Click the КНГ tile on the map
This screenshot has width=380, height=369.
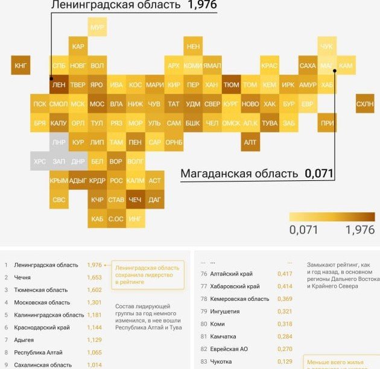(20, 65)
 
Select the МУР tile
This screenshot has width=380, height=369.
(97, 28)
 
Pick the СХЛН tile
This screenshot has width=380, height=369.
(365, 104)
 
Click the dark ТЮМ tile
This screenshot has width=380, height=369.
(231, 85)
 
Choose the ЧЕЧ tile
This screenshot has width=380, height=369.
(135, 199)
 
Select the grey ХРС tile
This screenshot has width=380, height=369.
(40, 161)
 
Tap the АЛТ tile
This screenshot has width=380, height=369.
(250, 142)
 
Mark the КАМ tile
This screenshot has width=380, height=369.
(346, 65)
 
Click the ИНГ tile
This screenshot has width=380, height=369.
(135, 218)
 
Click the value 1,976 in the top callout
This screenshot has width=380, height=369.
(202, 5)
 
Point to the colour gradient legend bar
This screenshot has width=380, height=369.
(332, 216)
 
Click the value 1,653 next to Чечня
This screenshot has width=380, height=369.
(94, 277)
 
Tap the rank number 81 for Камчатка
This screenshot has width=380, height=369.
(204, 336)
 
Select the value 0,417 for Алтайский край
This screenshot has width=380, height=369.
(285, 274)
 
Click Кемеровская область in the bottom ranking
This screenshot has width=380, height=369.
(239, 298)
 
